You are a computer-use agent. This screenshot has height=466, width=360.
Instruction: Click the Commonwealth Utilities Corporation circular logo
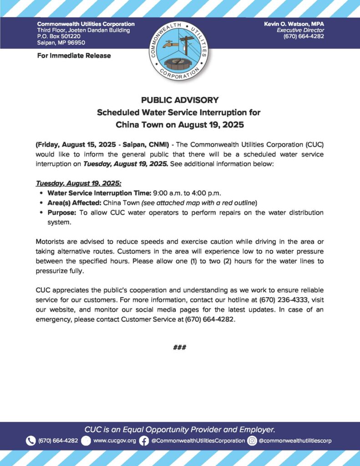(x=180, y=51)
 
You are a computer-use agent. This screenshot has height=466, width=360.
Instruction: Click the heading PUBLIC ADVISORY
(x=180, y=100)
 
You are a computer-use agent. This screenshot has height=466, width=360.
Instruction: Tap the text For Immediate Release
(x=74, y=56)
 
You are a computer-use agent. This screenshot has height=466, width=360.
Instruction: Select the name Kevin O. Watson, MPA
(x=294, y=24)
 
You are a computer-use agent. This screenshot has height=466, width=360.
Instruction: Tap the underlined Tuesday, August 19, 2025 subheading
(x=78, y=183)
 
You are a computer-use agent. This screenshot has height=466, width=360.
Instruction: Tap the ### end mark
(x=180, y=347)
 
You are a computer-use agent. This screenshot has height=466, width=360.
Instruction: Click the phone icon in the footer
(x=31, y=441)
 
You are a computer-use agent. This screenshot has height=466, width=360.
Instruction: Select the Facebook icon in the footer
(x=144, y=441)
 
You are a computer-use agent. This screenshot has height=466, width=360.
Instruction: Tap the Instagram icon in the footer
(x=252, y=441)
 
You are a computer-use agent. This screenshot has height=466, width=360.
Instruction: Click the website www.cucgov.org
(x=114, y=441)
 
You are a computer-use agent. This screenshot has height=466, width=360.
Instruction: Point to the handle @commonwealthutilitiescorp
(x=295, y=441)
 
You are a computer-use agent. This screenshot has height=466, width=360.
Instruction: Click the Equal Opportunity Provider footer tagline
(x=180, y=429)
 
